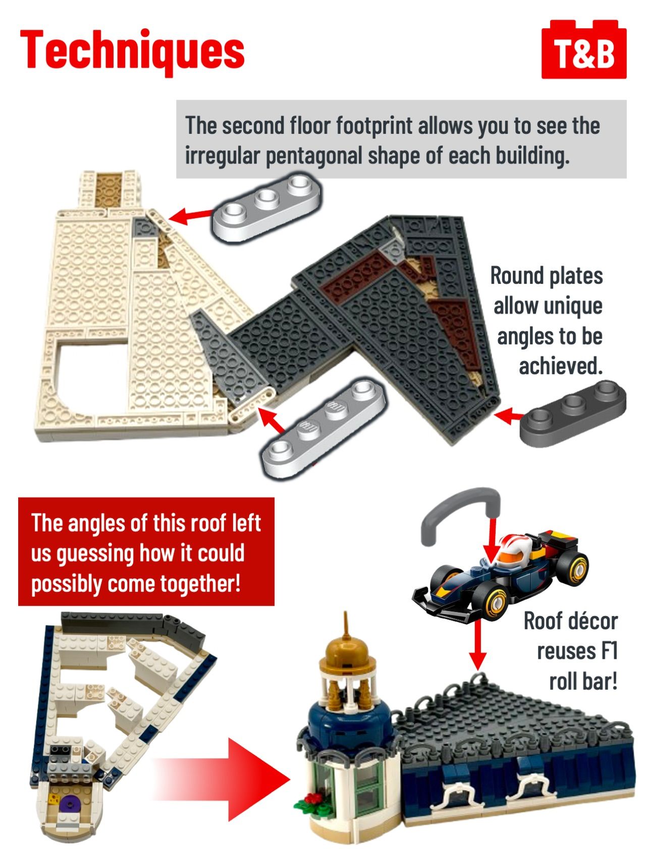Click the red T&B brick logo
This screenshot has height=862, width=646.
[584, 50]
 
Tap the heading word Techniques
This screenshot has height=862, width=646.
[132, 51]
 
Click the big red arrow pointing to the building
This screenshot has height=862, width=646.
[222, 779]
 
